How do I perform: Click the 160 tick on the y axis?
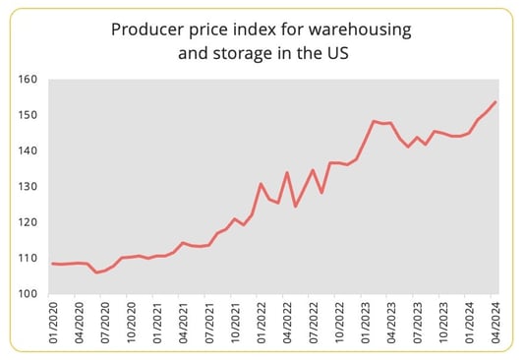[x=27, y=79]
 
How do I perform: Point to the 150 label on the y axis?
[x=27, y=115]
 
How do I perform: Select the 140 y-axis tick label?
[x=27, y=150]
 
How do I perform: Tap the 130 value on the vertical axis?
[x=27, y=187]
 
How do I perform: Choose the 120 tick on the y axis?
[x=27, y=222]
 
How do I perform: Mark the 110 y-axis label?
[x=27, y=259]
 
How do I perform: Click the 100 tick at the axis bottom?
[x=27, y=294]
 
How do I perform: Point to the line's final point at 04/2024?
[x=496, y=101]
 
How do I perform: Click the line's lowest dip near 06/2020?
[x=96, y=271]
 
